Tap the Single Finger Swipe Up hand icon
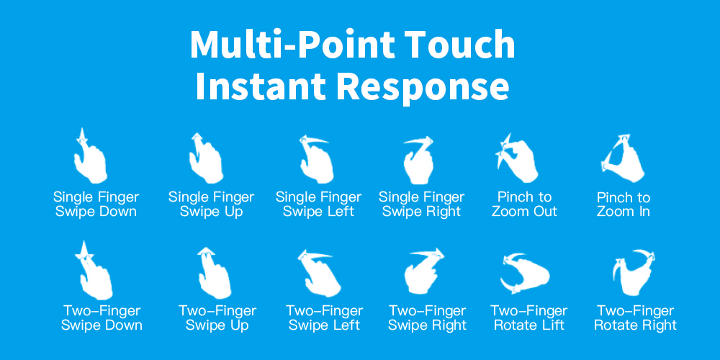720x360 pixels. (207, 161)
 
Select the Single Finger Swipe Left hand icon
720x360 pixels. (317, 161)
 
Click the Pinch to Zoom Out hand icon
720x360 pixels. (519, 161)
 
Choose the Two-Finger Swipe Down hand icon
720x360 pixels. (96, 276)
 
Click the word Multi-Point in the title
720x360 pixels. (292, 45)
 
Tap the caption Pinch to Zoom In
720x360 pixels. (624, 204)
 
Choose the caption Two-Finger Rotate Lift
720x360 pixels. (529, 318)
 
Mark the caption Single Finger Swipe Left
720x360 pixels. (319, 204)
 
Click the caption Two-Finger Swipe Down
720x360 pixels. (102, 318)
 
